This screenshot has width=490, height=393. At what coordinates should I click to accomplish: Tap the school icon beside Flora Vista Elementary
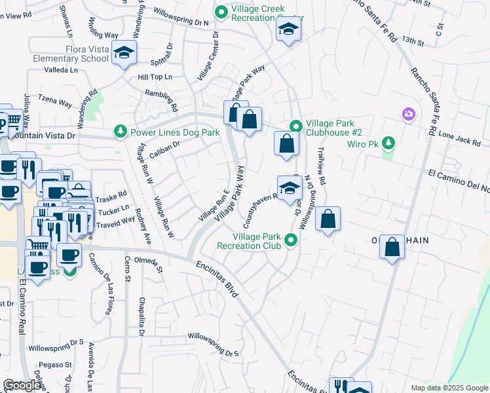point(123,52)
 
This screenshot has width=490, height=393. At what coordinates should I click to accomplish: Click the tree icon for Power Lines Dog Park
point(120,132)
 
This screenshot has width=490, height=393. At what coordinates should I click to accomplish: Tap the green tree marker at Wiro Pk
point(388,142)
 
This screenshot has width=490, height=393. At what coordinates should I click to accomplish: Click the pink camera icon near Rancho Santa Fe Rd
point(409,115)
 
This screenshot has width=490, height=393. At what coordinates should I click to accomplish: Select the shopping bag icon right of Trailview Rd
point(328,219)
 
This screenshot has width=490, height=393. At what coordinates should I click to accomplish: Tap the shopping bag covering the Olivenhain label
point(392,247)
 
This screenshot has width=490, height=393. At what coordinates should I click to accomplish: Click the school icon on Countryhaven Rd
point(290,187)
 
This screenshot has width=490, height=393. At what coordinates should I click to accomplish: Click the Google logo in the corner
point(22,385)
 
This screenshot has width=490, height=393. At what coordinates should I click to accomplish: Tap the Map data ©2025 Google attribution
point(449,388)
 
